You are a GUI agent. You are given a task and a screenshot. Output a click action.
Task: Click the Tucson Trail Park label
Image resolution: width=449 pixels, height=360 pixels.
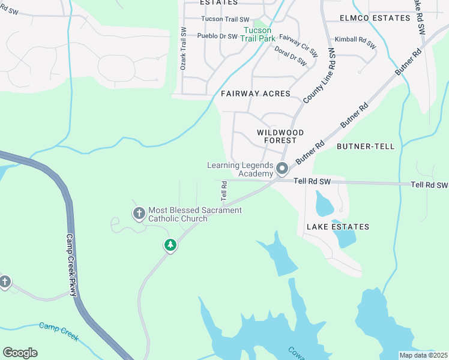point(258,34)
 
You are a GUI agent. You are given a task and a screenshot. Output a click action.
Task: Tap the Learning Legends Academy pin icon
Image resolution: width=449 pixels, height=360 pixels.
point(282,170)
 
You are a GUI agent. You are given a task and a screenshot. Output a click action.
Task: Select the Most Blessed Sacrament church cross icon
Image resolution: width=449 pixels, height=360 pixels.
point(139,213)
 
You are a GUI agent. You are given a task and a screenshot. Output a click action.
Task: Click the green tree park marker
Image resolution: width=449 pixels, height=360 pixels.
point(170,245)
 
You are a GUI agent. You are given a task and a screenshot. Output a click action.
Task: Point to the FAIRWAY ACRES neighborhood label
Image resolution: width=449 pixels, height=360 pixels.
point(255,94)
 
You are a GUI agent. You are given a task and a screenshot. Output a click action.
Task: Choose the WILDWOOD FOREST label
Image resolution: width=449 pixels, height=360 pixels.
point(280,136)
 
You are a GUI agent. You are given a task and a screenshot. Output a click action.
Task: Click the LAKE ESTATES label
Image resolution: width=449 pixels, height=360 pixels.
point(338,227)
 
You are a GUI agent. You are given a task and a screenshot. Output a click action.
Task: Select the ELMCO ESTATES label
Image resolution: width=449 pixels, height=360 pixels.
point(375,19)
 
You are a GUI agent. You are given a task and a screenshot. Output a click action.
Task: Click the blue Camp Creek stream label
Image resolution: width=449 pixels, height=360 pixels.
point(59,331)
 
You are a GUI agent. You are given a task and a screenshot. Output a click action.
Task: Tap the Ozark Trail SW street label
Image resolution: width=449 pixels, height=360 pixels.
point(184,48)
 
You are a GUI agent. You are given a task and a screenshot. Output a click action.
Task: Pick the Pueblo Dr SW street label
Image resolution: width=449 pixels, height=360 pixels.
point(218,36)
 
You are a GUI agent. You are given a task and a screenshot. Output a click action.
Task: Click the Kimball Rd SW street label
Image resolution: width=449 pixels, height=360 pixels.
point(355,42)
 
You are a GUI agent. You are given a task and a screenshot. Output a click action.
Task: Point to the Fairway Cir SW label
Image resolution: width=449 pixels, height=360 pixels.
point(298,41)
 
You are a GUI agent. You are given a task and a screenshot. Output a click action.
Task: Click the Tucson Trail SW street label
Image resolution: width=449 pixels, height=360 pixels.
point(225,19)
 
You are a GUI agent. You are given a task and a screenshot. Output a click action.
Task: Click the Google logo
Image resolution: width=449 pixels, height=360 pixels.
point(20,353)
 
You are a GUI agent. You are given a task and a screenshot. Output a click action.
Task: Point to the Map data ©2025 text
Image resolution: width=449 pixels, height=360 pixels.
point(423,355)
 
